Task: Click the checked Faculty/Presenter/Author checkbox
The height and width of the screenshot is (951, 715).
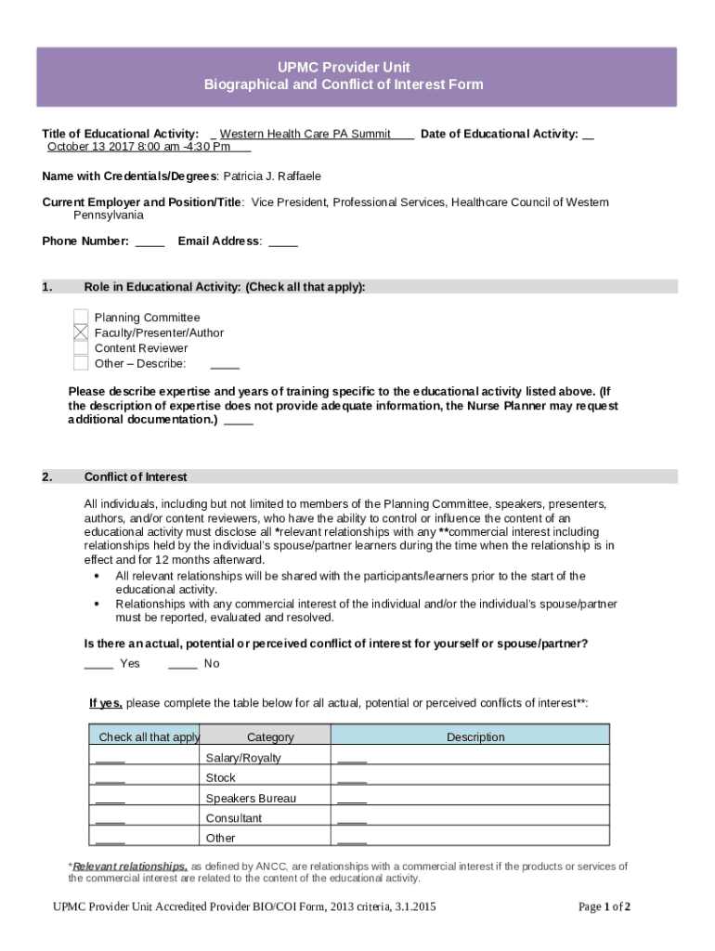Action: pyautogui.click(x=81, y=332)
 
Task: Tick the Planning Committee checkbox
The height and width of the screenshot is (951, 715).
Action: pyautogui.click(x=81, y=317)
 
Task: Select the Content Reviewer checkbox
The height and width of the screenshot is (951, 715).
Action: pyautogui.click(x=81, y=348)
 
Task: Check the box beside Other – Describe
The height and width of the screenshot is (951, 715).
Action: pyautogui.click(x=81, y=363)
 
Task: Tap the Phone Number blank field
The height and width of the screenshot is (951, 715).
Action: pyautogui.click(x=149, y=242)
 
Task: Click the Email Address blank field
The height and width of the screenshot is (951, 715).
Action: pyautogui.click(x=283, y=242)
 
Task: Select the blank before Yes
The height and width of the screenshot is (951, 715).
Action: pyautogui.click(x=98, y=664)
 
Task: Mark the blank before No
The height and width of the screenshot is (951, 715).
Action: pyautogui.click(x=182, y=664)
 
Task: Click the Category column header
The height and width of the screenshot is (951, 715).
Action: pyautogui.click(x=270, y=737)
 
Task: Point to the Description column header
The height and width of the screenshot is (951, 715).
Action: pyautogui.click(x=475, y=737)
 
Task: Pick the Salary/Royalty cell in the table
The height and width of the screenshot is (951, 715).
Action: pyautogui.click(x=243, y=758)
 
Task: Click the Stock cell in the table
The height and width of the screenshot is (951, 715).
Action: pyautogui.click(x=221, y=778)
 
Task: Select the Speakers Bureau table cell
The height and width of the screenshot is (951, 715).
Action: pyautogui.click(x=251, y=799)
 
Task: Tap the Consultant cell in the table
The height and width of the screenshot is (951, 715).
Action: pyautogui.click(x=234, y=818)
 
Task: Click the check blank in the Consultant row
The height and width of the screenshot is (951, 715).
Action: pyautogui.click(x=110, y=820)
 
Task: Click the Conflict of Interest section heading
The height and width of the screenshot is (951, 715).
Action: pyautogui.click(x=136, y=477)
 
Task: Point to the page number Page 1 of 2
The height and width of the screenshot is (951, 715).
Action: pyautogui.click(x=604, y=907)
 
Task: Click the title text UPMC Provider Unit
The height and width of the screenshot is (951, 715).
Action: pyautogui.click(x=344, y=68)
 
